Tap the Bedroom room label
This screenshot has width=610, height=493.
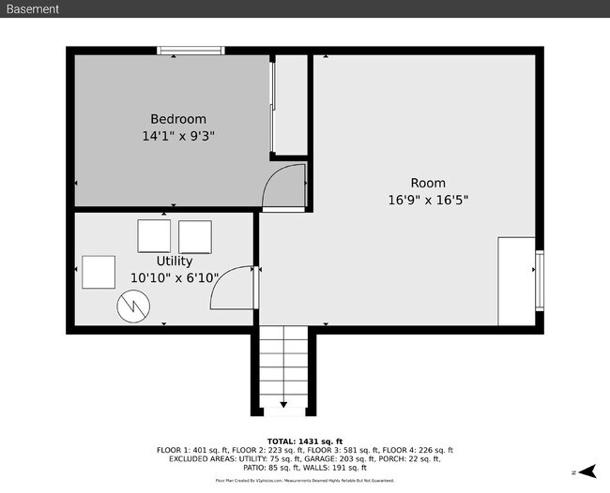(x=177, y=119)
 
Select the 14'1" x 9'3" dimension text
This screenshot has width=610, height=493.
(x=177, y=136)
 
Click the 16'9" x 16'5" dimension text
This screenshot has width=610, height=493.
(x=428, y=200)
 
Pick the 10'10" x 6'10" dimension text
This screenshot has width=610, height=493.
(x=175, y=278)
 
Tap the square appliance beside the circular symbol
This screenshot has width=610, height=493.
(x=98, y=272)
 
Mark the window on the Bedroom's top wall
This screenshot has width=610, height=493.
(x=191, y=51)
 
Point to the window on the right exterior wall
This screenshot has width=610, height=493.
(x=539, y=280)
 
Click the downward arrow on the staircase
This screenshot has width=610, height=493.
(x=283, y=403)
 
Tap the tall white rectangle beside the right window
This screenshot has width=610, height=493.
(x=516, y=281)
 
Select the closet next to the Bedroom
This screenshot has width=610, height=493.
(x=290, y=103)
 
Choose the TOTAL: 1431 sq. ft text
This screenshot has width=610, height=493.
(x=305, y=441)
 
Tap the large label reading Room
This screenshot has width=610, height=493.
(x=428, y=183)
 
